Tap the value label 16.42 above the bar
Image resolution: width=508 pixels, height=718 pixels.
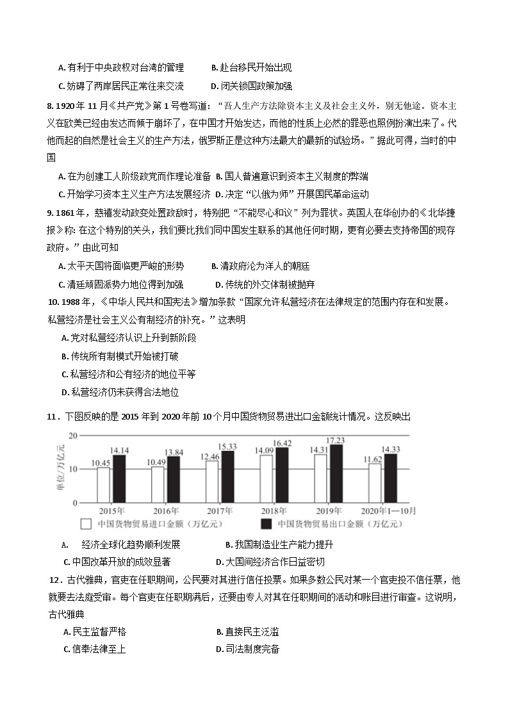coord(282,443)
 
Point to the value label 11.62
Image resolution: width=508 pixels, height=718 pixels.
coord(372,459)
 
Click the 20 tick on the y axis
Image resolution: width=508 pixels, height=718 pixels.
coord(73,436)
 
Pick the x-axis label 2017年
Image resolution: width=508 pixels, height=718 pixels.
coord(219,510)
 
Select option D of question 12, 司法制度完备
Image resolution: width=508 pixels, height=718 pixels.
coord(248,649)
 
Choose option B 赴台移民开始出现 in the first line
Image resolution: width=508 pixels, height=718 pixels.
coord(251,68)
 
